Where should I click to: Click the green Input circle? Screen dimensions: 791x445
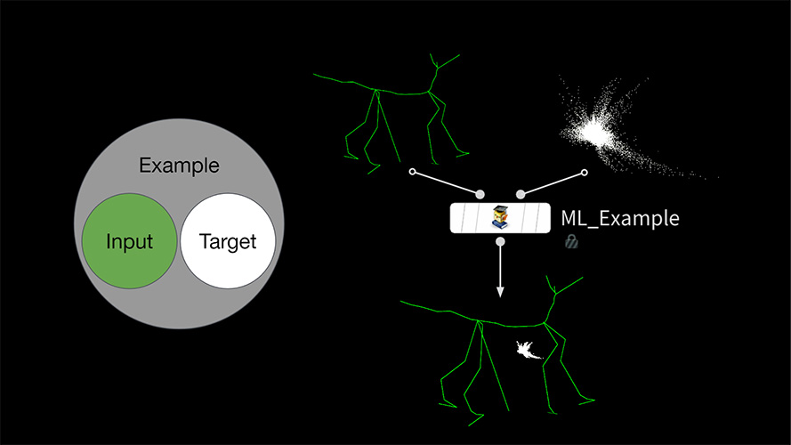point(130,241)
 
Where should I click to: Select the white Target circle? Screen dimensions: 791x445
point(228,241)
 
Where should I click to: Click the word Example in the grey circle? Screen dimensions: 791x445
point(179,166)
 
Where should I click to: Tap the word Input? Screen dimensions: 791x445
point(129,242)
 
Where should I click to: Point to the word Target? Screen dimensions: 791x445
point(228,242)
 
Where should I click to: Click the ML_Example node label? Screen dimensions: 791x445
point(620,218)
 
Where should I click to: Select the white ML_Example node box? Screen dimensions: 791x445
point(500,218)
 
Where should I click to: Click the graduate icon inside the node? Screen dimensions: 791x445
point(500,217)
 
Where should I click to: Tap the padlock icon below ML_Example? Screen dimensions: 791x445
point(571,242)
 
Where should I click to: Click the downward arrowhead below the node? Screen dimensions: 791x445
point(500,292)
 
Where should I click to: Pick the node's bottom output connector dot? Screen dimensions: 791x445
point(500,242)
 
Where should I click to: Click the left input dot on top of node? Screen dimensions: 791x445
point(480,194)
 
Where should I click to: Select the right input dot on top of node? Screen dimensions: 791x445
point(521,194)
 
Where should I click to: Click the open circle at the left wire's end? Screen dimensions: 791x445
point(412,172)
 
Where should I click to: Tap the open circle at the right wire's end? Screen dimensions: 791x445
point(585,173)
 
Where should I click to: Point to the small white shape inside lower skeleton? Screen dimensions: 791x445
point(528,350)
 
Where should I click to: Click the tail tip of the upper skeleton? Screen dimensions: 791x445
point(314,75)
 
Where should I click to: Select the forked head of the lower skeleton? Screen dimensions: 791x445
point(560,287)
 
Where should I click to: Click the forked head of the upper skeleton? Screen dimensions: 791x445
point(440,62)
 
